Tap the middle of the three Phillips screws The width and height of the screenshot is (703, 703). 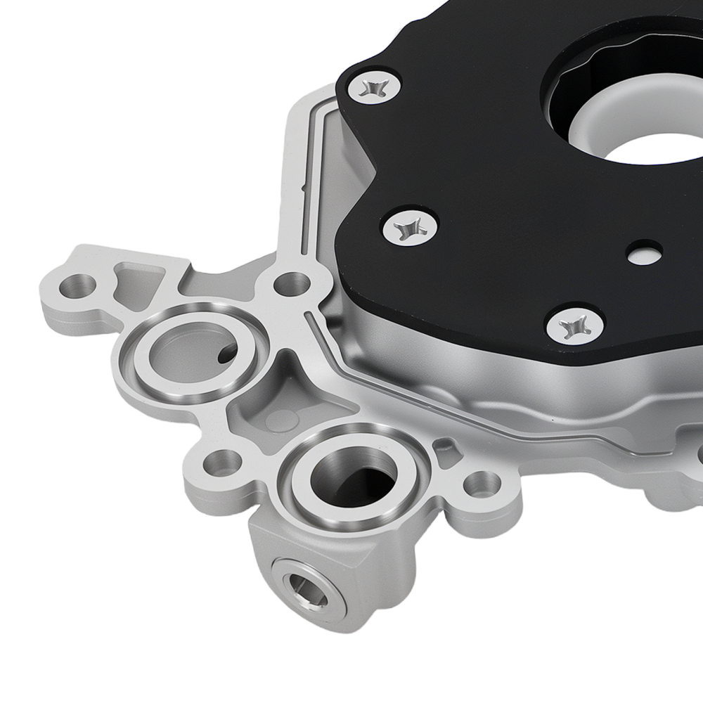pyautogui.click(x=409, y=228)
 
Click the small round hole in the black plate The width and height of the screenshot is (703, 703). pyautogui.click(x=644, y=253)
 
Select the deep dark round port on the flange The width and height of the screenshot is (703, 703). pyautogui.click(x=355, y=478)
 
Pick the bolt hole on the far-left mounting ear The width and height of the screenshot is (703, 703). pyautogui.click(x=77, y=285)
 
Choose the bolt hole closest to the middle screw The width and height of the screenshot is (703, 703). pyautogui.click(x=291, y=285)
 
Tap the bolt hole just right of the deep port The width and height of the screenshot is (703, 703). pyautogui.click(x=482, y=484)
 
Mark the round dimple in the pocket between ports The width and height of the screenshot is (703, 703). pyautogui.click(x=281, y=420)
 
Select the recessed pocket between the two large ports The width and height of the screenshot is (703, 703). pyautogui.click(x=295, y=408)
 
